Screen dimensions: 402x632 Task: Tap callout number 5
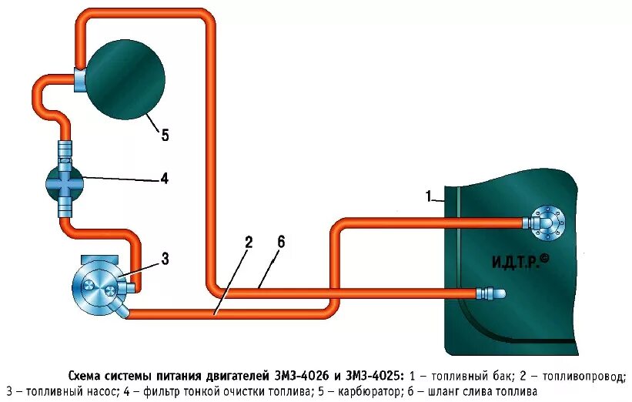coord(165,136)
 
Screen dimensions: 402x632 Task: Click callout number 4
coord(164,179)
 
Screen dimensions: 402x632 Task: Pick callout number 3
coord(165,259)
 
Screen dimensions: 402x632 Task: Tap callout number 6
coord(281,242)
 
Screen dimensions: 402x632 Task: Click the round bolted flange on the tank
coord(547,222)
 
